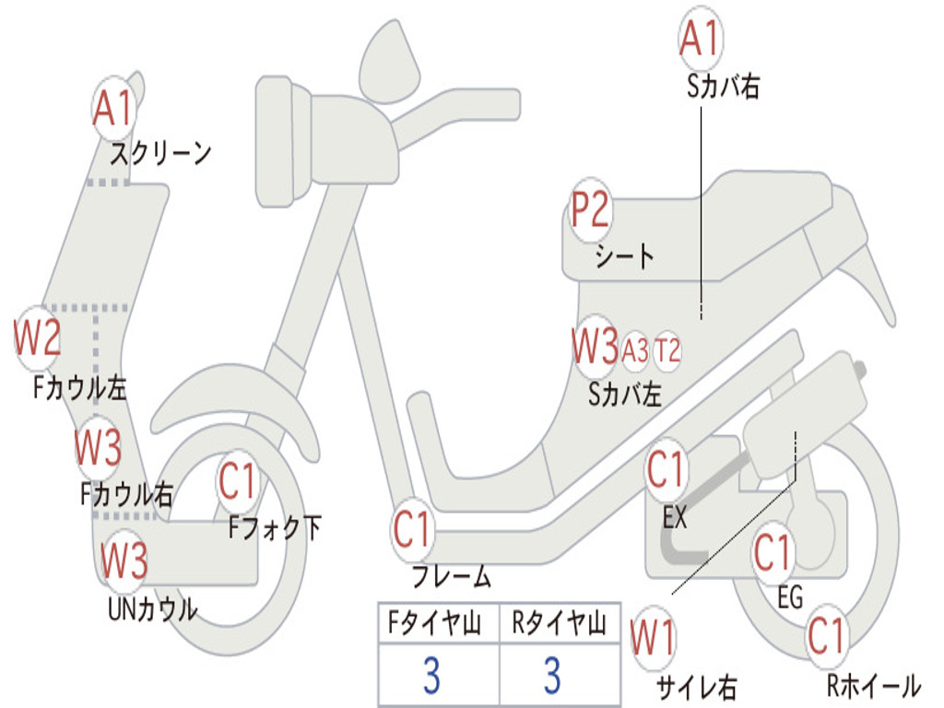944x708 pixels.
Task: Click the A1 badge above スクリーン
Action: point(115,108)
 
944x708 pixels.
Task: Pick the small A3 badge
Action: point(635,350)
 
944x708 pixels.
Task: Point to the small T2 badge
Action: point(667,350)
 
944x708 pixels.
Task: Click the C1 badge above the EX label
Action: point(667,471)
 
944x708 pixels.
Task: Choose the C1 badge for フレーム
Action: point(413,530)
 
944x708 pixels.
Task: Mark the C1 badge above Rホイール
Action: point(826,636)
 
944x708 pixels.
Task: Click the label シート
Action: point(624,255)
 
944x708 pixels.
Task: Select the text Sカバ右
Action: point(724,87)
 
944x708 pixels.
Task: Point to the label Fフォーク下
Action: point(275,527)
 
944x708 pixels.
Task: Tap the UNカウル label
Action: point(152,608)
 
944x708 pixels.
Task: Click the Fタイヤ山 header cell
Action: point(438,625)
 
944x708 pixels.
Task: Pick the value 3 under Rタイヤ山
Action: point(552,676)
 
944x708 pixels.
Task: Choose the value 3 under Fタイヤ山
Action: point(431,676)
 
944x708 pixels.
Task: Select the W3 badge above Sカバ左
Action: point(595,348)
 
